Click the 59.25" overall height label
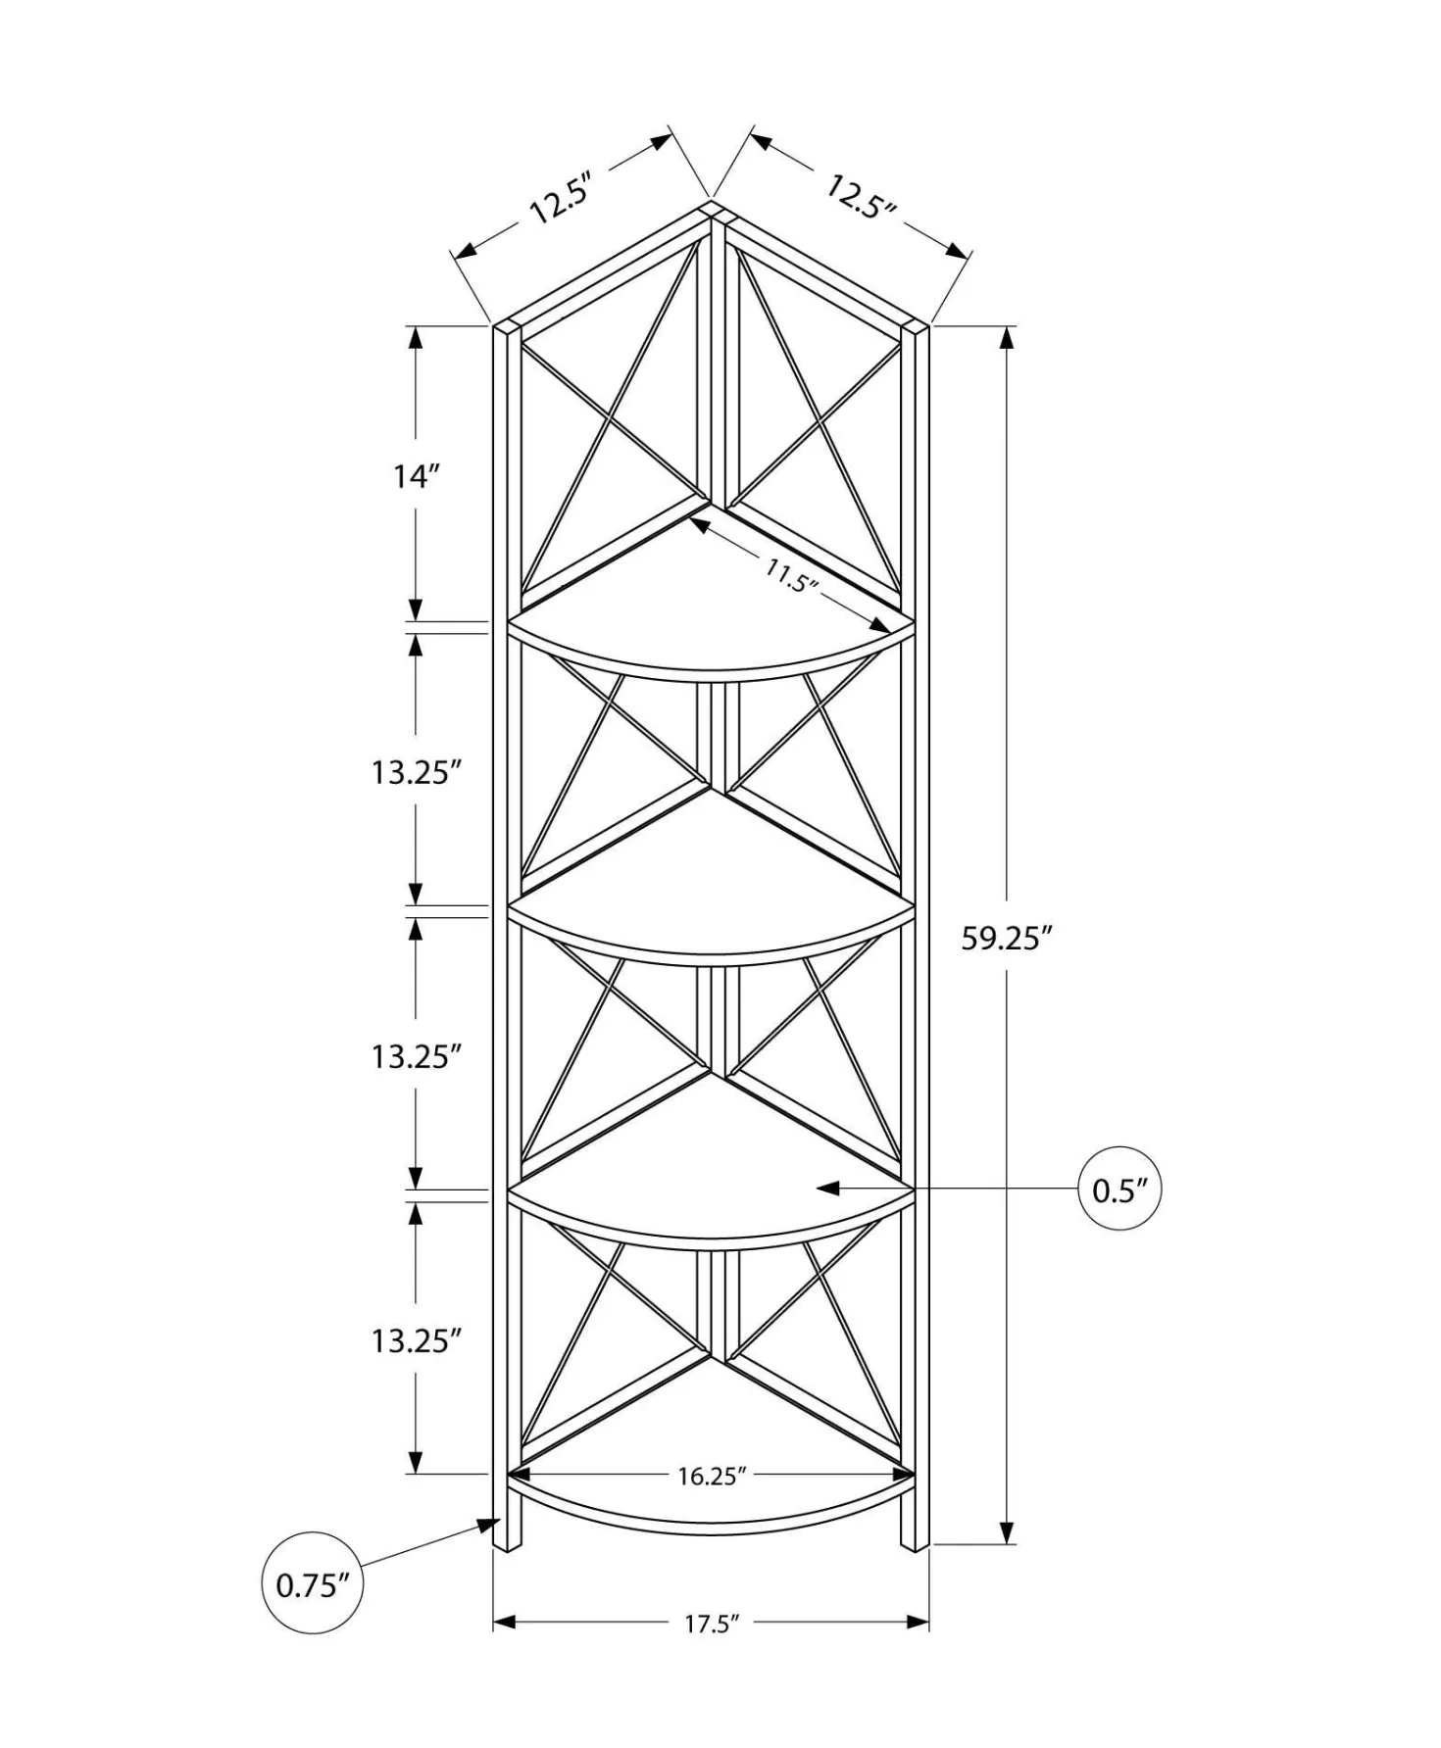[x=1006, y=938]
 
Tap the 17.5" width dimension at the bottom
[x=711, y=1624]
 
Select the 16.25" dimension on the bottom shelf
[x=712, y=1476]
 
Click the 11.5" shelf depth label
[x=791, y=576]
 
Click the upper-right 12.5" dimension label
[x=861, y=197]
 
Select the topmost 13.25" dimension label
[x=416, y=772]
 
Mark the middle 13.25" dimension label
[x=416, y=1056]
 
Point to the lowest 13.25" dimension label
[x=416, y=1340]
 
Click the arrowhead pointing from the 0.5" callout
[x=828, y=1189]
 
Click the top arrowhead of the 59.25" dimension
[x=1007, y=338]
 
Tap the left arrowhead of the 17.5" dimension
[x=504, y=1623]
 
